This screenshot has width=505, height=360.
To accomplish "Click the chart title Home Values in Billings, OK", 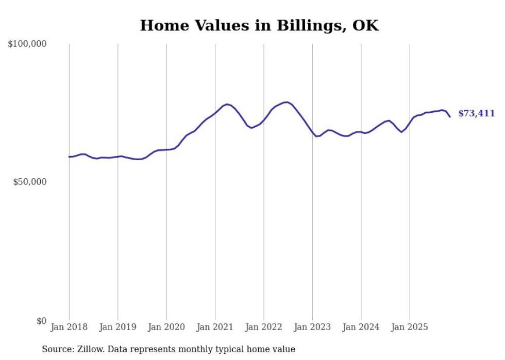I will click(259, 26).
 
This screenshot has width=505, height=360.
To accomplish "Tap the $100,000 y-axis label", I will click(27, 44).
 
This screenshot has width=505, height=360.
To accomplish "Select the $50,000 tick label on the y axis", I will click(29, 182).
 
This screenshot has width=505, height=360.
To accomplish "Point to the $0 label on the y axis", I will click(41, 321).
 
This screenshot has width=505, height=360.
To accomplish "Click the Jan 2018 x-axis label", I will click(69, 327).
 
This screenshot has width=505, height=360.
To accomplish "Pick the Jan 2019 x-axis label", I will click(118, 327).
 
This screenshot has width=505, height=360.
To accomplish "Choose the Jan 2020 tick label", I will click(166, 327).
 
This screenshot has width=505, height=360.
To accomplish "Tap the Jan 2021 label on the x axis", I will click(215, 327).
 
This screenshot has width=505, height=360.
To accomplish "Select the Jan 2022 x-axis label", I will click(264, 327).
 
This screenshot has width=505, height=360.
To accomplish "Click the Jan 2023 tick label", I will click(312, 327).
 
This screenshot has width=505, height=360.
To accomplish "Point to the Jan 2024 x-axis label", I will click(361, 327).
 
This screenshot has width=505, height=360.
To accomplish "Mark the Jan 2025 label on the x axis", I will click(410, 327).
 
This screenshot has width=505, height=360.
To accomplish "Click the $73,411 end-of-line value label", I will click(476, 114).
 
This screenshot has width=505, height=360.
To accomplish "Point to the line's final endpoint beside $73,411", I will click(450, 117).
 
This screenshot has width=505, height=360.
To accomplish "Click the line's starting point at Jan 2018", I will click(69, 157).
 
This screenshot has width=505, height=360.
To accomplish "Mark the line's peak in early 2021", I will click(227, 104).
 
